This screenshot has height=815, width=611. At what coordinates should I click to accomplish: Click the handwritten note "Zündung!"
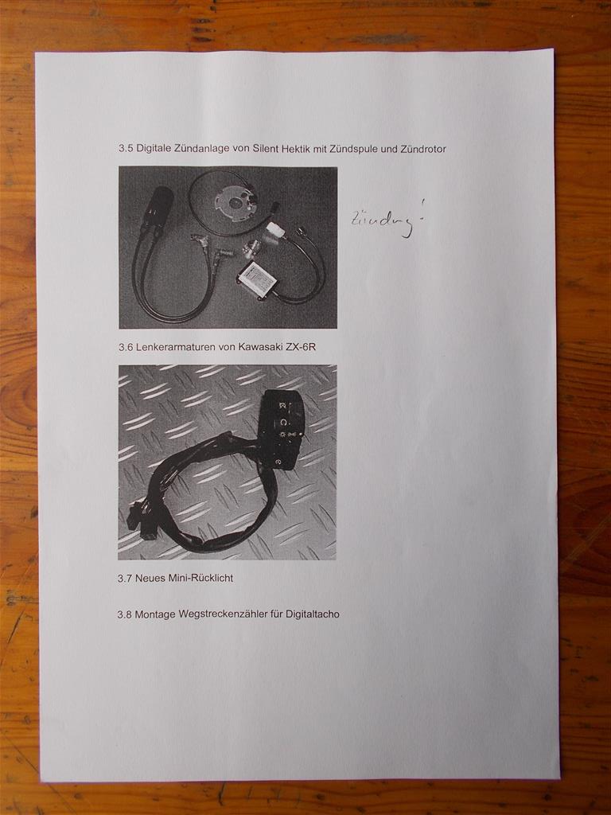[x=387, y=220]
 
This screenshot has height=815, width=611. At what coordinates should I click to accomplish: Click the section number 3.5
[x=126, y=148]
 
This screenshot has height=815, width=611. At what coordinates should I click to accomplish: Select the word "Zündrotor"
[x=423, y=149]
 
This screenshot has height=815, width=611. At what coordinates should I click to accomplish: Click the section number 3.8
[x=125, y=614]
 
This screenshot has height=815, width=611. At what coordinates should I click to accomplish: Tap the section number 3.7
[x=125, y=578]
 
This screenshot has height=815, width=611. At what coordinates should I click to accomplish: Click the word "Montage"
[x=155, y=614]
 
